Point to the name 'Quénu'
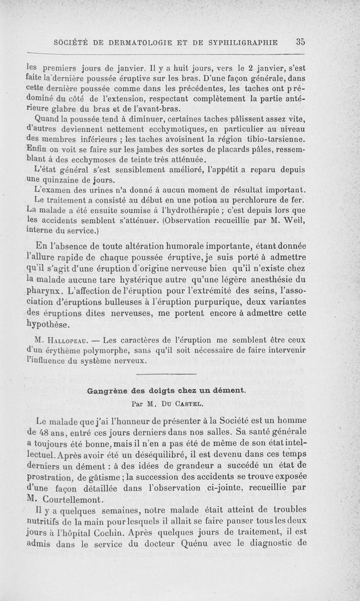(208, 544)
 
